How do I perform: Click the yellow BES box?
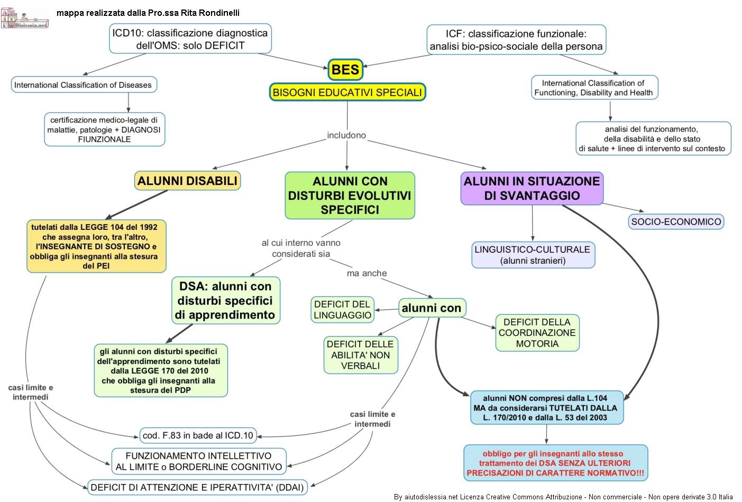pyautogui.click(x=345, y=70)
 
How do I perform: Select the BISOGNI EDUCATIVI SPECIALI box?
pyautogui.click(x=347, y=92)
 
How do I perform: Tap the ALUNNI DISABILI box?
pyautogui.click(x=187, y=181)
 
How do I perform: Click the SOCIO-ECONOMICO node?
pyautogui.click(x=676, y=222)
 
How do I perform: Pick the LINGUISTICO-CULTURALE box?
pyautogui.click(x=533, y=255)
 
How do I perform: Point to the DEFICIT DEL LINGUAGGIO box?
pyautogui.click(x=343, y=310)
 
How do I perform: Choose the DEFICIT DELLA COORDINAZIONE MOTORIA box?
pyautogui.click(x=537, y=333)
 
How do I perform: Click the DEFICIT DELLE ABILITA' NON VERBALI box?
pyautogui.click(x=360, y=355)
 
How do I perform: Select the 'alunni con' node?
pyautogui.click(x=432, y=308)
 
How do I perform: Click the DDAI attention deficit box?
pyautogui.click(x=197, y=487)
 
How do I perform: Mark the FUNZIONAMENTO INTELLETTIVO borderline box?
pyautogui.click(x=199, y=461)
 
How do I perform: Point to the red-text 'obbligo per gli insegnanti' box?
pyautogui.click(x=555, y=463)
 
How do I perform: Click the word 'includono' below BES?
pyautogui.click(x=346, y=135)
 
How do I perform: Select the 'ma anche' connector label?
pyautogui.click(x=367, y=273)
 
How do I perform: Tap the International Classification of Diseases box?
pyautogui.click(x=83, y=85)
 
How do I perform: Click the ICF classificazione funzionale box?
pyautogui.click(x=516, y=40)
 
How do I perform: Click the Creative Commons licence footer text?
pyautogui.click(x=563, y=497)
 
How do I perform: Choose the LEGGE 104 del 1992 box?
pyautogui.click(x=96, y=246)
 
